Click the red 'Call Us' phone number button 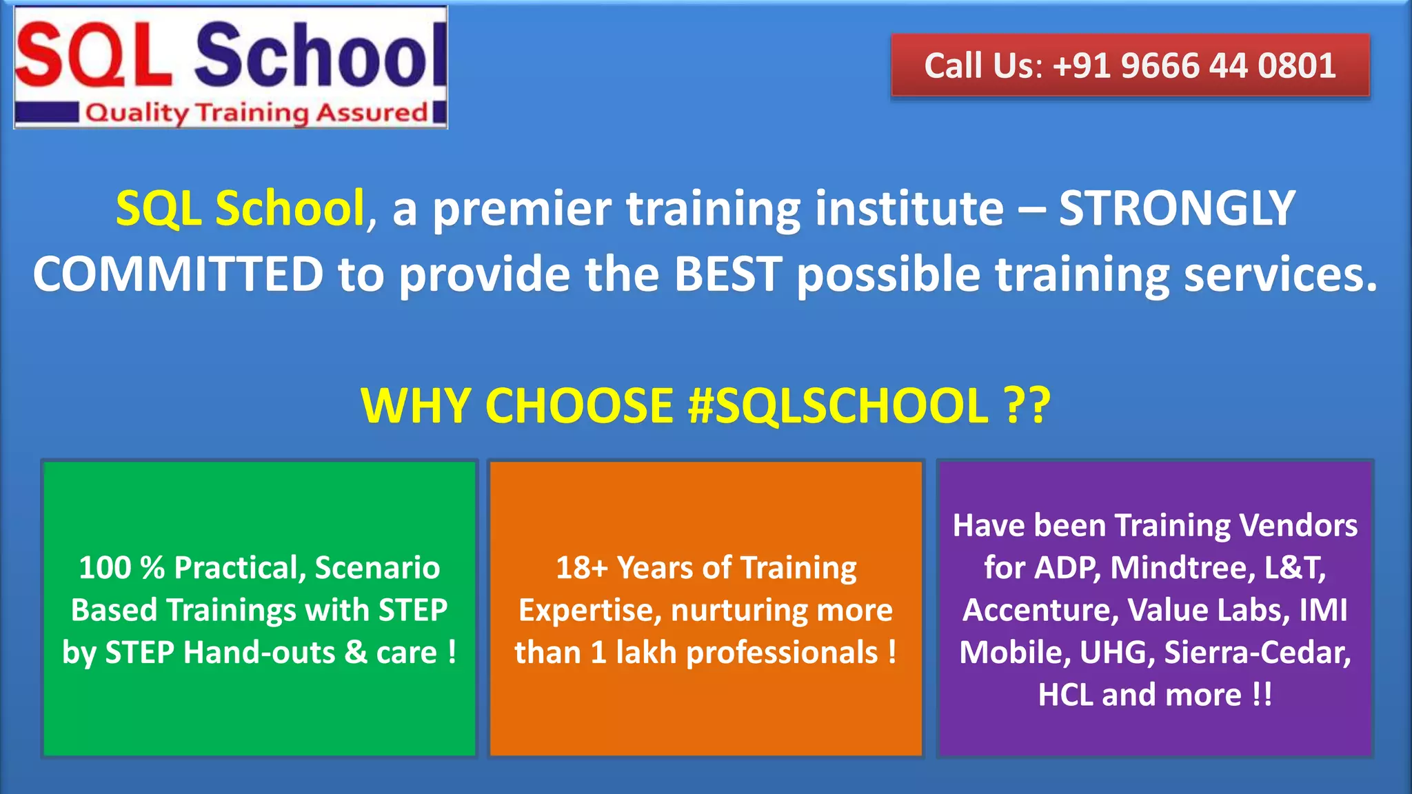click(x=1130, y=66)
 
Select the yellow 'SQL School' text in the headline click(x=240, y=208)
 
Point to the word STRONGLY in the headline click(x=1177, y=208)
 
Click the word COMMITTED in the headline click(x=179, y=274)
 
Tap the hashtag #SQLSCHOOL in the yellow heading click(x=838, y=405)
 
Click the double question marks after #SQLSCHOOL click(x=1027, y=405)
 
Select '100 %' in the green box click(x=121, y=568)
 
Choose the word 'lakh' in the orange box click(x=646, y=653)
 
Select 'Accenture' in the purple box click(x=1040, y=611)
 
